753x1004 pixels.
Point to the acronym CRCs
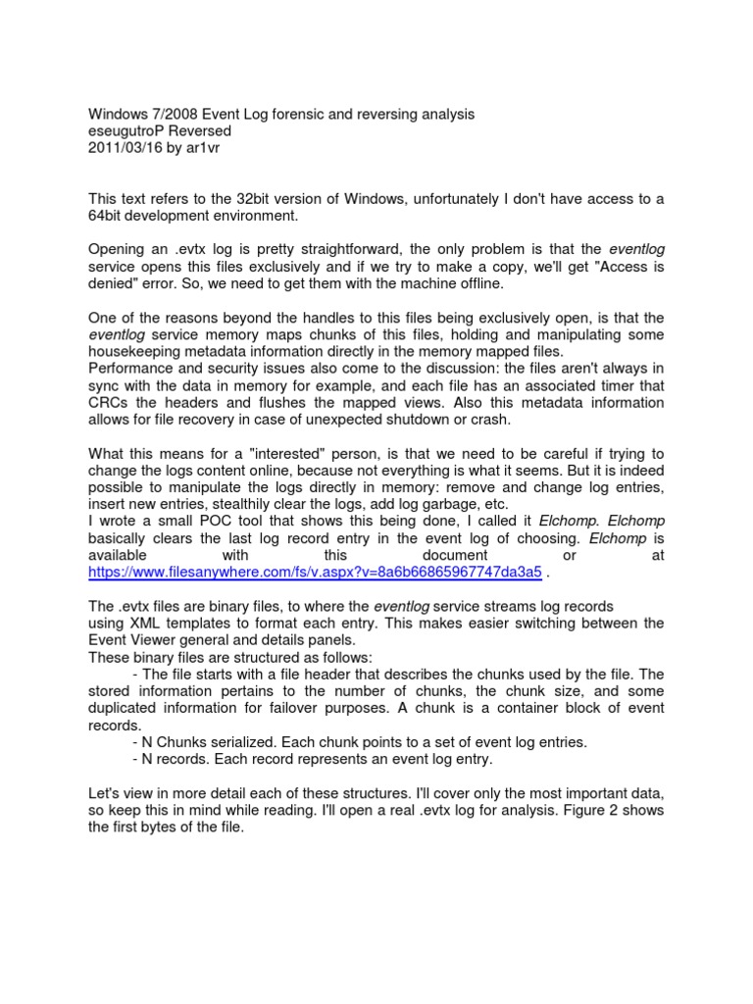[x=107, y=403]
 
